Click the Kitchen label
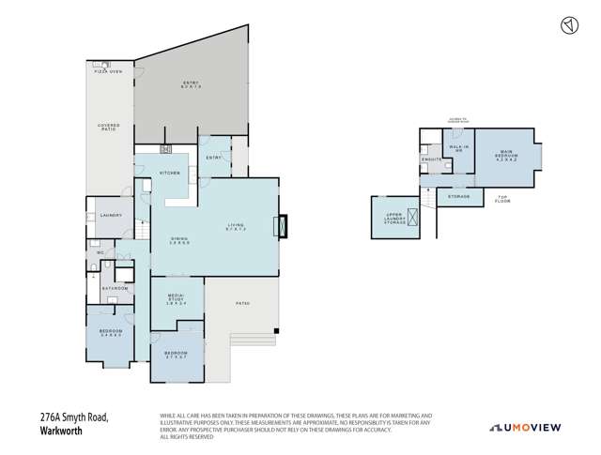pyautogui.click(x=169, y=174)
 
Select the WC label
pyautogui.click(x=100, y=254)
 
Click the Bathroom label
pyautogui.click(x=116, y=289)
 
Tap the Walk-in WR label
pyautogui.click(x=458, y=149)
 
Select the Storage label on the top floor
pyautogui.click(x=458, y=197)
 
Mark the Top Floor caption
pyautogui.click(x=503, y=199)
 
